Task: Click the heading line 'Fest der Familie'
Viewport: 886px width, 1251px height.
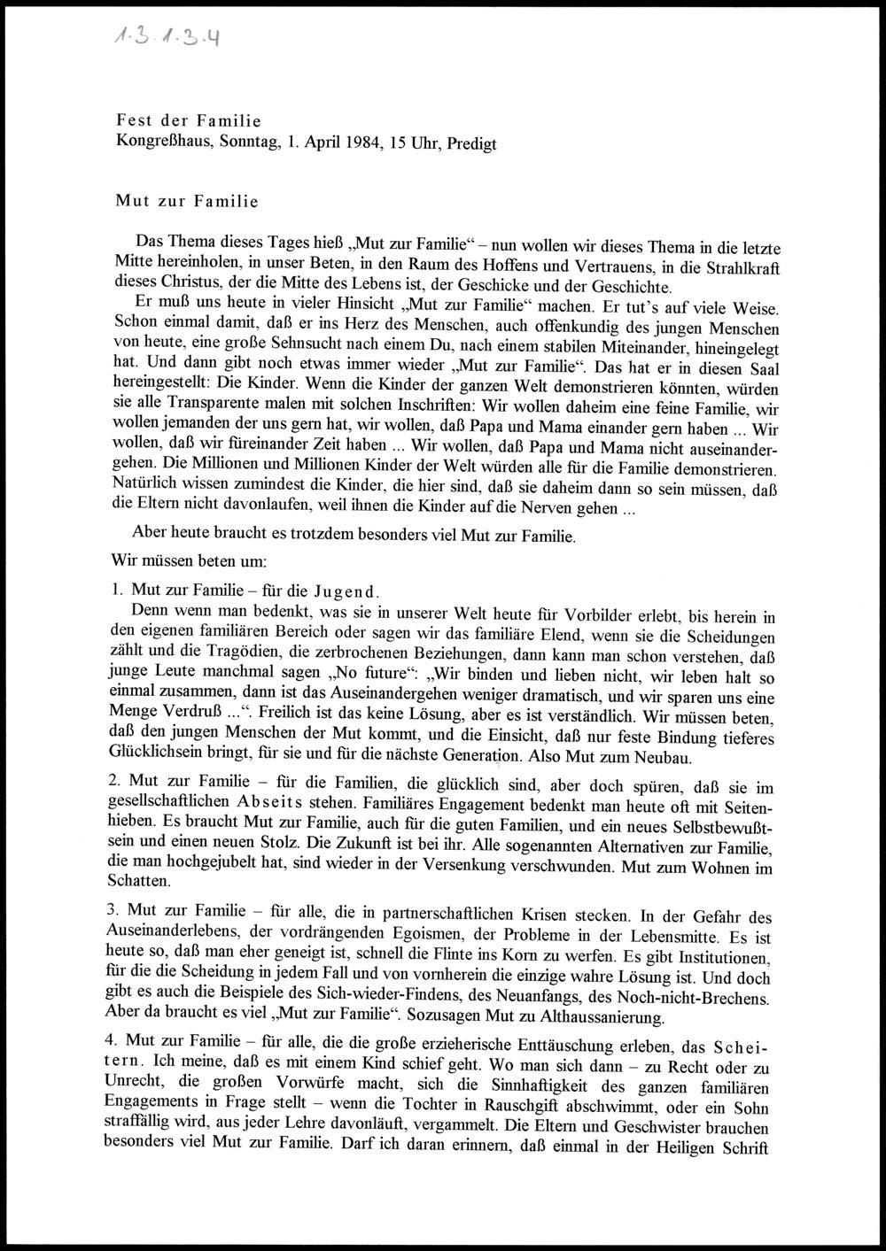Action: point(188,120)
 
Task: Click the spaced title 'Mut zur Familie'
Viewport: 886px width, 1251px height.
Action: point(187,201)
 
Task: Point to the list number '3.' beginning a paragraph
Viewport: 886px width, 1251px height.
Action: point(113,911)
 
